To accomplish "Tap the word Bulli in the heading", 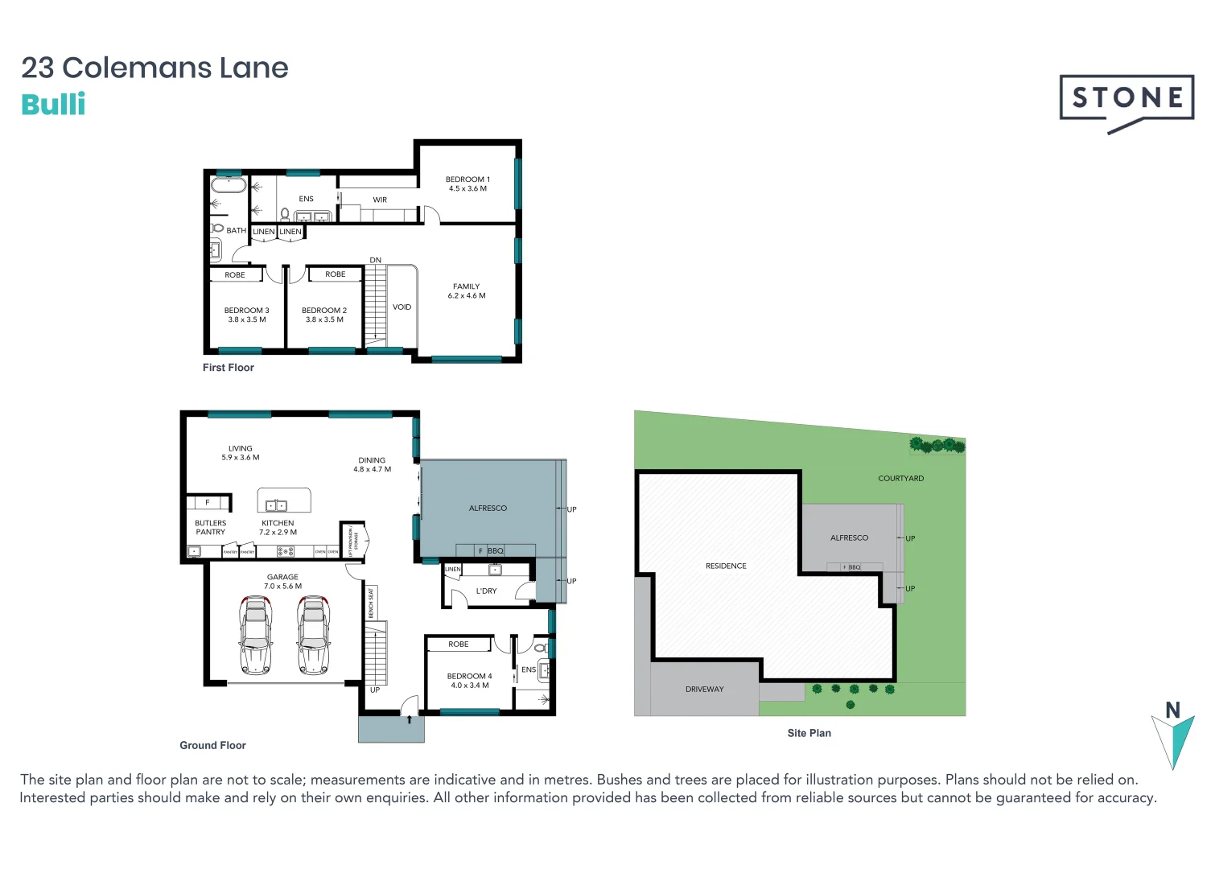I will coord(53,105).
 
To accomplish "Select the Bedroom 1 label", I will coord(467,184).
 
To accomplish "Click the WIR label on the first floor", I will coord(380,200).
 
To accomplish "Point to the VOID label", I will coord(402,307).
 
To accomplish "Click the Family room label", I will coord(467,291).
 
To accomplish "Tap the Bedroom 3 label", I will coord(246,315).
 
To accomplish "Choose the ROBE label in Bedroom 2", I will coord(335,274).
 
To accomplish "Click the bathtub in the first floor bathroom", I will coord(229,184).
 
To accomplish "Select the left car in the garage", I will coord(256,635).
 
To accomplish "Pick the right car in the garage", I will coord(314,635).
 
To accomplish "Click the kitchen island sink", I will coord(276,505).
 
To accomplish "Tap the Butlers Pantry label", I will coord(211,528).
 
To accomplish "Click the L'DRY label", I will coord(486,591).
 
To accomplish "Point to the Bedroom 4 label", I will coord(469,681).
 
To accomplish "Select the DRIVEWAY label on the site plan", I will coord(704,690).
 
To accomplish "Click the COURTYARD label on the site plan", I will coord(900,479).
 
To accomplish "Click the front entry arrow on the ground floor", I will coord(410,719).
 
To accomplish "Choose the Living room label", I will coord(240,453).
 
